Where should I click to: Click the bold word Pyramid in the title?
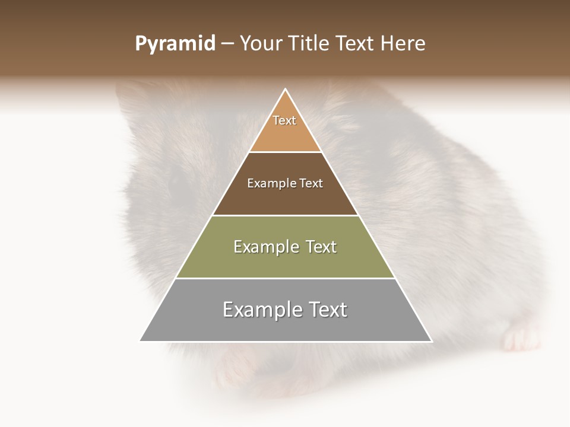(x=175, y=44)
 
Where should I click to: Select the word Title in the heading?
(x=310, y=44)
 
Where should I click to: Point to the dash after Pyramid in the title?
(x=227, y=44)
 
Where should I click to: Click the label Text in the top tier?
(x=284, y=120)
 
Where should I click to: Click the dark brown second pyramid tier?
(x=285, y=199)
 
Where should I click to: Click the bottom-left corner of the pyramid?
(x=141, y=340)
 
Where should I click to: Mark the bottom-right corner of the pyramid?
(x=431, y=340)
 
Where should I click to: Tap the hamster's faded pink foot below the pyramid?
(x=232, y=371)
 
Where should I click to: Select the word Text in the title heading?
(x=354, y=44)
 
